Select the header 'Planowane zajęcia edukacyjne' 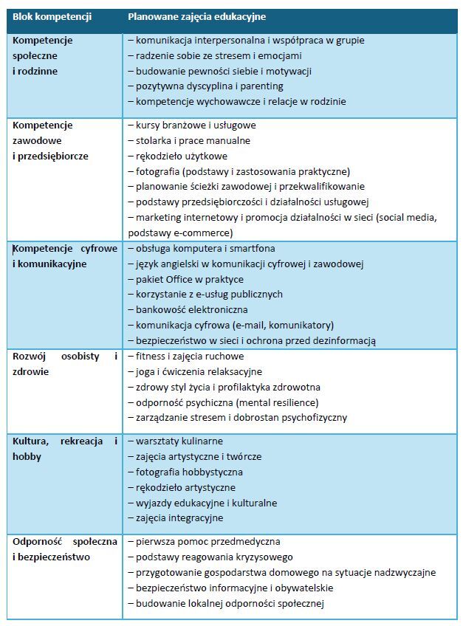[197, 16]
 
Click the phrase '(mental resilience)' [277, 402]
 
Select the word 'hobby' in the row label [27, 456]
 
